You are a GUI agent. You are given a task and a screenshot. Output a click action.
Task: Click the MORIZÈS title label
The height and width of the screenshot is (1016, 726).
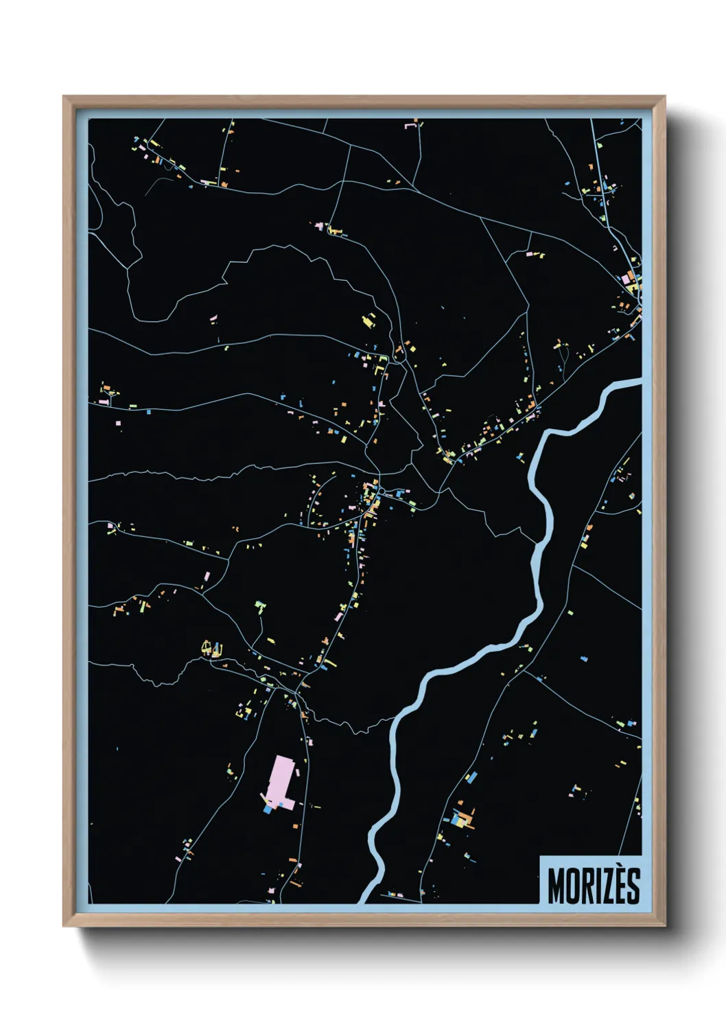(594, 886)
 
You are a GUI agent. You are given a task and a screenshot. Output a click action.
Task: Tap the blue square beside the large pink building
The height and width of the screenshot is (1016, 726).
(268, 809)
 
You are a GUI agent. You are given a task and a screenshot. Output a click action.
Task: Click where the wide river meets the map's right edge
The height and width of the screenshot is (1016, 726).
(640, 382)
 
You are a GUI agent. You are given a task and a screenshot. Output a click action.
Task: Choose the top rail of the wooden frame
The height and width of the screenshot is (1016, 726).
(364, 102)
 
